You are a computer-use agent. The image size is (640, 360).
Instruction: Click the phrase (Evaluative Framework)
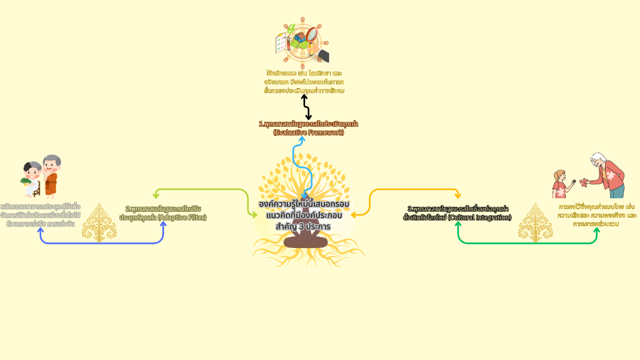coord(309,133)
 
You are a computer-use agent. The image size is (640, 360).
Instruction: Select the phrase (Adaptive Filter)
coord(182,218)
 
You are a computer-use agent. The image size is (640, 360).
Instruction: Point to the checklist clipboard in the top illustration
coord(282,43)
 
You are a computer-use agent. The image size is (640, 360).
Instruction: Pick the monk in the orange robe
coord(51,176)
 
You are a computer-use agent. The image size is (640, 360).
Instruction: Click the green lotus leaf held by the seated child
coord(26,181)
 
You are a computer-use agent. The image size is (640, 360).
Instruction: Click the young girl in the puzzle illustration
coord(559,183)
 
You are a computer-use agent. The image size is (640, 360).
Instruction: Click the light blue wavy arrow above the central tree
coord(297,166)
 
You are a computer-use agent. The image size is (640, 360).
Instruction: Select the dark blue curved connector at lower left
coord(103,243)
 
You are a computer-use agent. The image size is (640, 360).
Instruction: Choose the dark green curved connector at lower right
coord(526,243)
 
